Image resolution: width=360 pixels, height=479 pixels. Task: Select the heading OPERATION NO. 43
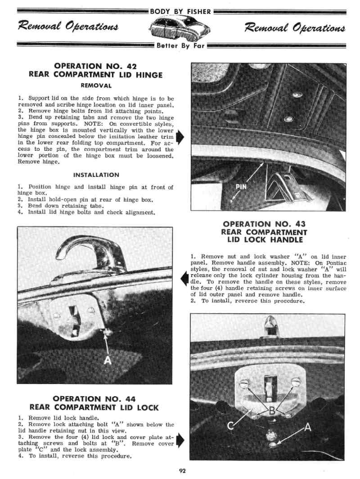(x=264, y=224)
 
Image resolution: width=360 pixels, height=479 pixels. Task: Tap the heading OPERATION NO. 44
(x=94, y=398)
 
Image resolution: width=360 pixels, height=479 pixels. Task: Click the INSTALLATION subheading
(x=96, y=175)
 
